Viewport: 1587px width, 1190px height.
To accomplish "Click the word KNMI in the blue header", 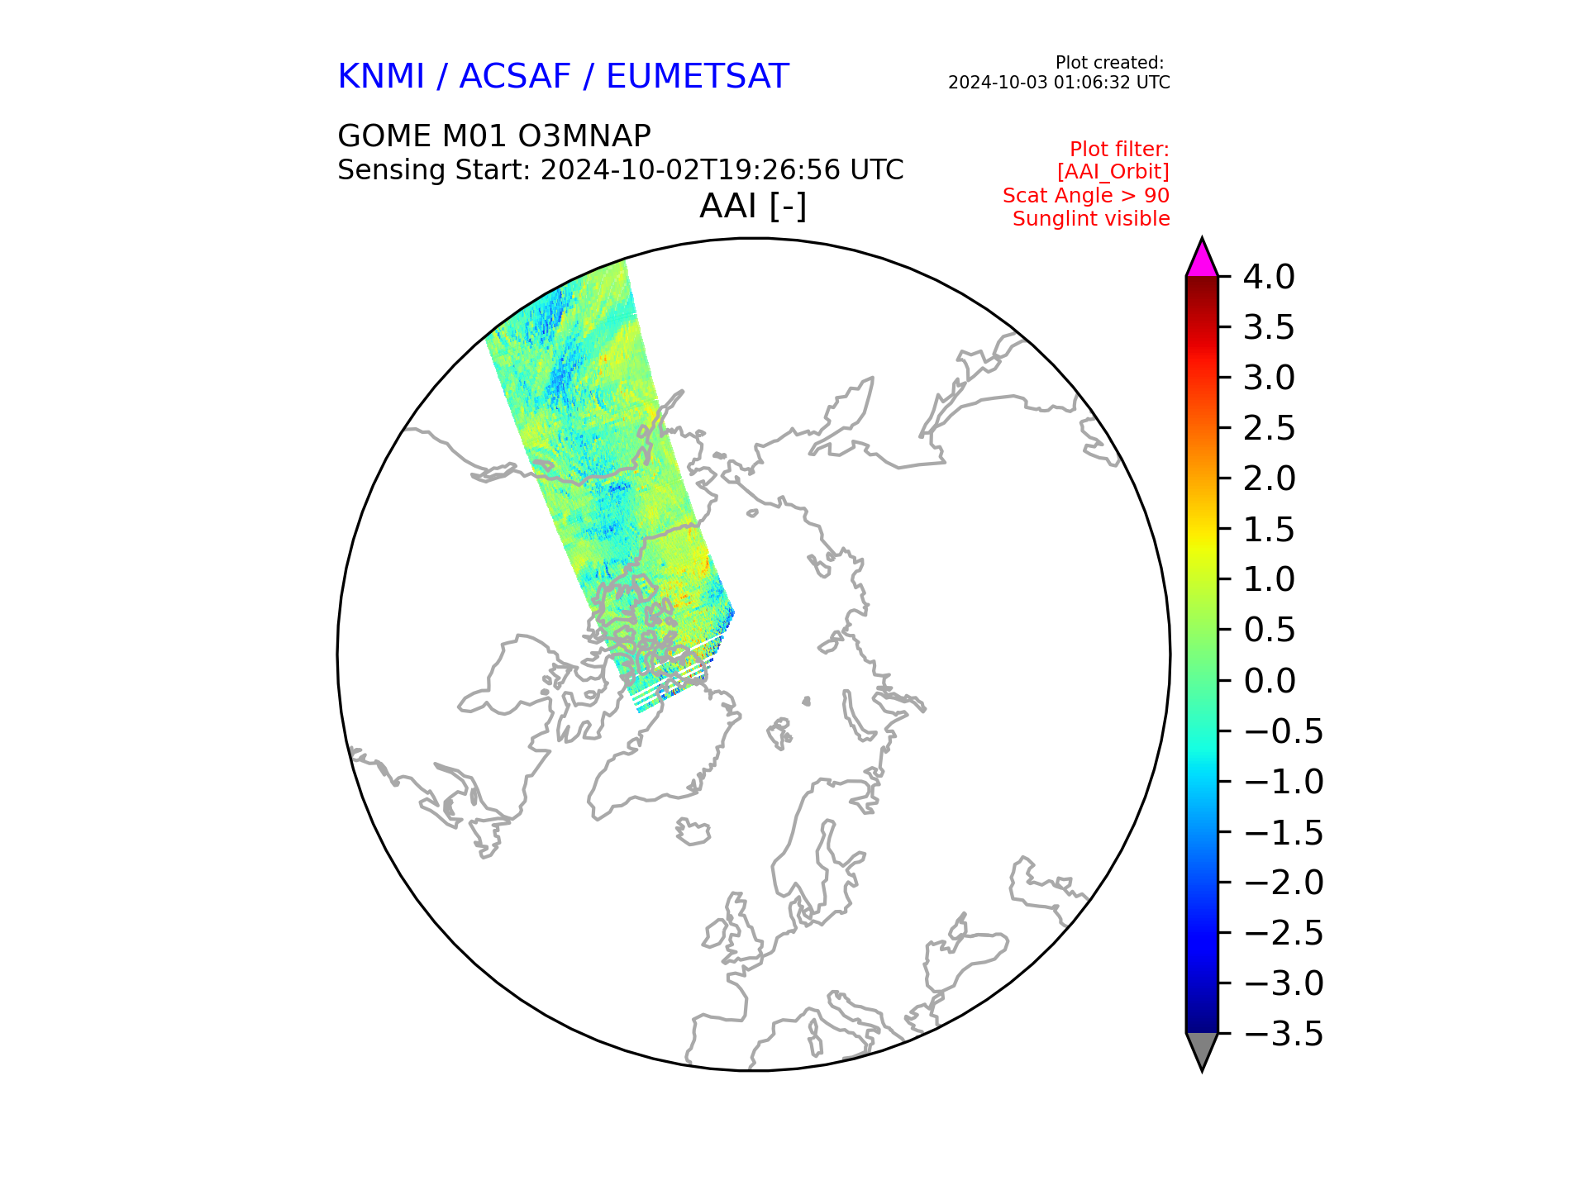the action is pos(381,77).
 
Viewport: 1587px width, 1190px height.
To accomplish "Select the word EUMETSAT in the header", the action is pos(698,77).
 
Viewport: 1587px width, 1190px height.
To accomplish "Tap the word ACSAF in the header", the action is pos(515,77).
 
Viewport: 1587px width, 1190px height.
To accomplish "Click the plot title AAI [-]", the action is pos(753,206).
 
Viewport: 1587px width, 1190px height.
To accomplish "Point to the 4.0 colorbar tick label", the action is pos(1269,277).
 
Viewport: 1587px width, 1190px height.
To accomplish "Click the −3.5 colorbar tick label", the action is pos(1283,1034).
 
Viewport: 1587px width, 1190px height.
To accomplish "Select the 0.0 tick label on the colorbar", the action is pos(1269,681).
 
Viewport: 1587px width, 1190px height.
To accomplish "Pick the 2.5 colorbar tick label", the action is pos(1269,428).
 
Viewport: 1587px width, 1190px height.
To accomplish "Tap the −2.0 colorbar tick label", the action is pos(1283,883).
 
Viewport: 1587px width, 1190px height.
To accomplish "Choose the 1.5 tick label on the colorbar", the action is pos(1269,530).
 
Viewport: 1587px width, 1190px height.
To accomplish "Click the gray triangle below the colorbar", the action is pos(1202,1050).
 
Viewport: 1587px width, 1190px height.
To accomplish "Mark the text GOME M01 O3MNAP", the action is pos(494,136).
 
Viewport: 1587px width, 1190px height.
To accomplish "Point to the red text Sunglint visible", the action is pos(1091,219).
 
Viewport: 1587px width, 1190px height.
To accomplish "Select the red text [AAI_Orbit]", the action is pos(1113,172).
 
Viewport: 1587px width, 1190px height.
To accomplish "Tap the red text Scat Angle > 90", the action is pos(1086,196).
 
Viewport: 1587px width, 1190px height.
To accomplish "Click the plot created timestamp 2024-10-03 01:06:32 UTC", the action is pos(1059,83).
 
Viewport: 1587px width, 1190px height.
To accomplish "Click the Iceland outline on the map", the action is pos(693,831).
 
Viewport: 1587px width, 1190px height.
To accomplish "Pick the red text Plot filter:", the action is pos(1119,150).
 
